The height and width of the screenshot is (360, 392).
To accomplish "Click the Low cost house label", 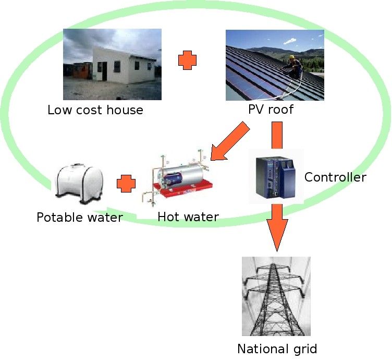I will tap(95, 110).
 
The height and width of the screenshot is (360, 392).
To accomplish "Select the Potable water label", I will tap(79, 217).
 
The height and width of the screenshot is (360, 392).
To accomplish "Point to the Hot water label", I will tap(188, 217).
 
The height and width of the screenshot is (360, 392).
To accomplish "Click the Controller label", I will tap(335, 177).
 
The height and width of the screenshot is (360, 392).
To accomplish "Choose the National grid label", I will tap(277, 349).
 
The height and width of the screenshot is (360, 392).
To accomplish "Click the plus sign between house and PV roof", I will tap(187, 61).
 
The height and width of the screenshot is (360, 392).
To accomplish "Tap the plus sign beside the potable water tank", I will tap(126, 184).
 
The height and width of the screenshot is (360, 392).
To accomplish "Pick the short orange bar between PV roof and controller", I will tap(277, 135).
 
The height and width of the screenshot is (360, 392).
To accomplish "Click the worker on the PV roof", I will tap(295, 66).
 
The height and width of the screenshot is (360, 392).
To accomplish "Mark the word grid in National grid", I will tap(304, 349).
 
